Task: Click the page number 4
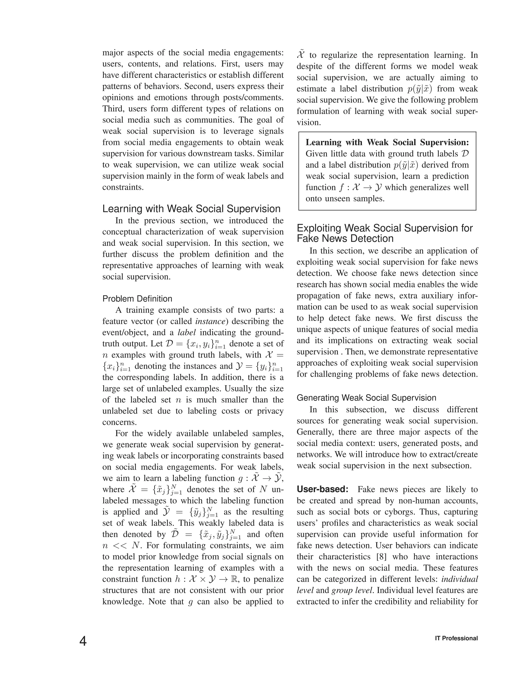coord(83,642)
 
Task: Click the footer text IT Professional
coord(456,638)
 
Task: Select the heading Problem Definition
coord(137,299)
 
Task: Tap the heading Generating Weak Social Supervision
coord(366,398)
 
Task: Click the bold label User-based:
coord(323,489)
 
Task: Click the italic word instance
coord(210,321)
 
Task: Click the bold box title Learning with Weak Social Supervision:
coord(387,143)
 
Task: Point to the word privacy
coord(270,411)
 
